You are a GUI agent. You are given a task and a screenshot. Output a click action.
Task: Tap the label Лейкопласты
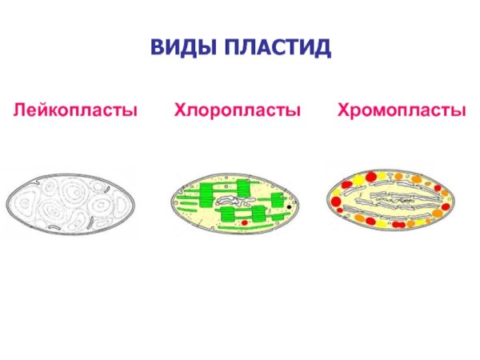(x=74, y=110)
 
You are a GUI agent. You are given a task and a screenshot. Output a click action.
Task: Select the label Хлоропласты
(x=238, y=110)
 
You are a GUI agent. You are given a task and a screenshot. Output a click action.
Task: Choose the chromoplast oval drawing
(x=392, y=200)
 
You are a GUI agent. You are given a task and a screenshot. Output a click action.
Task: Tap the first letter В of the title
(x=156, y=48)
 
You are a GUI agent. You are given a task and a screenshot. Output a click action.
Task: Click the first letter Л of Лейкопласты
(x=16, y=110)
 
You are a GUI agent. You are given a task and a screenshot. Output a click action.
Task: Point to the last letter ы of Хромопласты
(x=459, y=110)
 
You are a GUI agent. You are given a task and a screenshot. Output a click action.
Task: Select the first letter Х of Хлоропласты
(x=181, y=110)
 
